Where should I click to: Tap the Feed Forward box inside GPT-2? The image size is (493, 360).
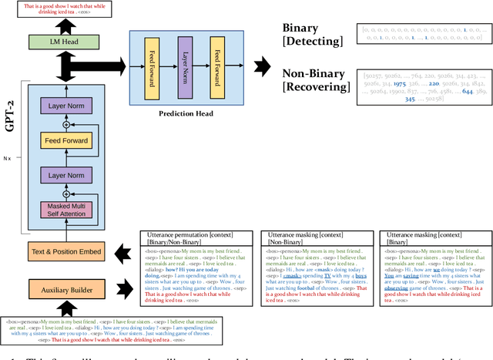(x=70, y=140)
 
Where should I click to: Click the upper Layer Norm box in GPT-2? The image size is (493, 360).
(x=70, y=106)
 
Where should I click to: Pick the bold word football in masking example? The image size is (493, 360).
(x=302, y=291)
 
